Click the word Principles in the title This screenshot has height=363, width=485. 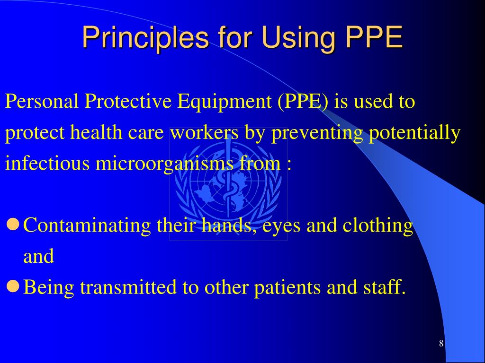pos(145,37)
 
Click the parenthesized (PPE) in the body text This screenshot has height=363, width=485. pos(303,101)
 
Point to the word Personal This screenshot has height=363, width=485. pos(42,101)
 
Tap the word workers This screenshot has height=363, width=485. pos(205,133)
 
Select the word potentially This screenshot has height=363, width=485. pos(414,134)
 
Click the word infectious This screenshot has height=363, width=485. pos(48,164)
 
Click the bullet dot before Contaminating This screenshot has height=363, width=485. pos(13,224)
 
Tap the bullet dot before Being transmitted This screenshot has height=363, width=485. pos(13,285)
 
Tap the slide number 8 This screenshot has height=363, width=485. pos(441,344)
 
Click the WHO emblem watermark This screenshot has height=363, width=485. pos(228,184)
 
